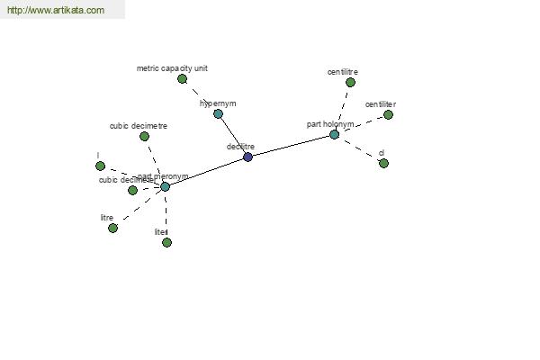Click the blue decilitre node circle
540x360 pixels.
click(247, 157)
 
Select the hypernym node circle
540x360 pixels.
click(218, 113)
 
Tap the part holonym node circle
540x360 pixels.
click(334, 134)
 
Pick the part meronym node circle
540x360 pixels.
click(165, 186)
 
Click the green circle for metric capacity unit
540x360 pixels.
click(182, 78)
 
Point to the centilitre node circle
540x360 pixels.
click(350, 82)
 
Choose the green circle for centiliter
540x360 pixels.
click(389, 114)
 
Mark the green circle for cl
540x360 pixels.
click(383, 163)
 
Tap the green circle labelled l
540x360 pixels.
click(100, 166)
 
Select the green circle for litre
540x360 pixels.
click(112, 228)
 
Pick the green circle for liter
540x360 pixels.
click(166, 242)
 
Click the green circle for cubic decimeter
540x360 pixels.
click(132, 190)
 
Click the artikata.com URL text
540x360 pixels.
click(55, 10)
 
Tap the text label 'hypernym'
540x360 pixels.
click(218, 103)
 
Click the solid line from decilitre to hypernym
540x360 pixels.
click(232, 135)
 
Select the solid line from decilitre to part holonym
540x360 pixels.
click(291, 146)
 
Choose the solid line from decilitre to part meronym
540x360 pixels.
click(206, 171)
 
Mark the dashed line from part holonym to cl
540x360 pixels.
click(360, 149)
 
